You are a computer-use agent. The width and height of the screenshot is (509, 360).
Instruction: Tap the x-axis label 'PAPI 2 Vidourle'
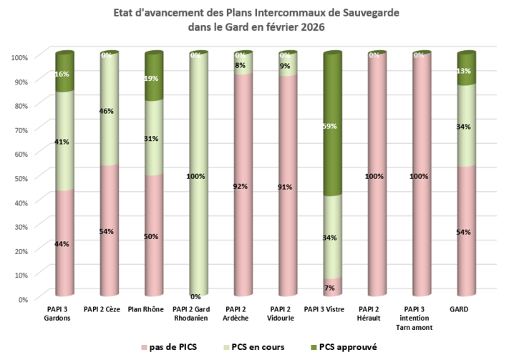287,313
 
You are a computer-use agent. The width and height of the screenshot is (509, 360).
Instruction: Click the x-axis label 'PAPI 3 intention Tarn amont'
421,318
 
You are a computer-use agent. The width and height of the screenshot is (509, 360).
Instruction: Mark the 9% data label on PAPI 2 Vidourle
285,67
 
